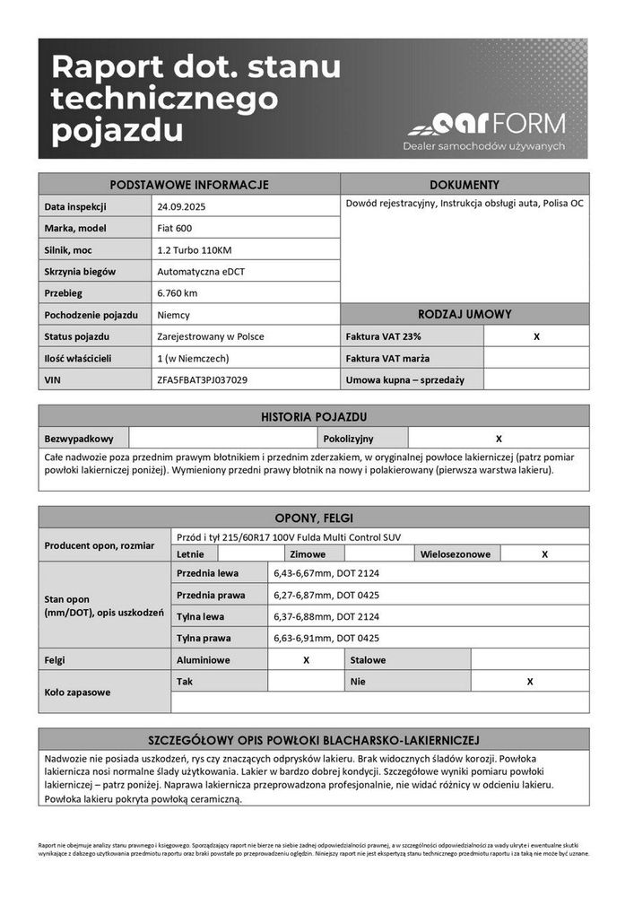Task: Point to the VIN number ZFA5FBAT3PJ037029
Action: (202, 379)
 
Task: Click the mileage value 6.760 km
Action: (177, 292)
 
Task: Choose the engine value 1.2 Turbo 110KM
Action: (194, 249)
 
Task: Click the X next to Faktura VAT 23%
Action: (536, 336)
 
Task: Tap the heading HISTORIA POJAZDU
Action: (314, 416)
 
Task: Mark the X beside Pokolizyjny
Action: (499, 439)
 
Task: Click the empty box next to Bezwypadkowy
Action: (225, 439)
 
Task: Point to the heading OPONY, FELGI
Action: (313, 518)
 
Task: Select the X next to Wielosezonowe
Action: (544, 554)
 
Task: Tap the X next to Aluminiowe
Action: (306, 660)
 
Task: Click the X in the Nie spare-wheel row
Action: (530, 682)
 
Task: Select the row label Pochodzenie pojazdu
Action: (91, 315)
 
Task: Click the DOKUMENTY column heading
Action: (465, 184)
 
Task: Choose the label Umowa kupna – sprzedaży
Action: (404, 379)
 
